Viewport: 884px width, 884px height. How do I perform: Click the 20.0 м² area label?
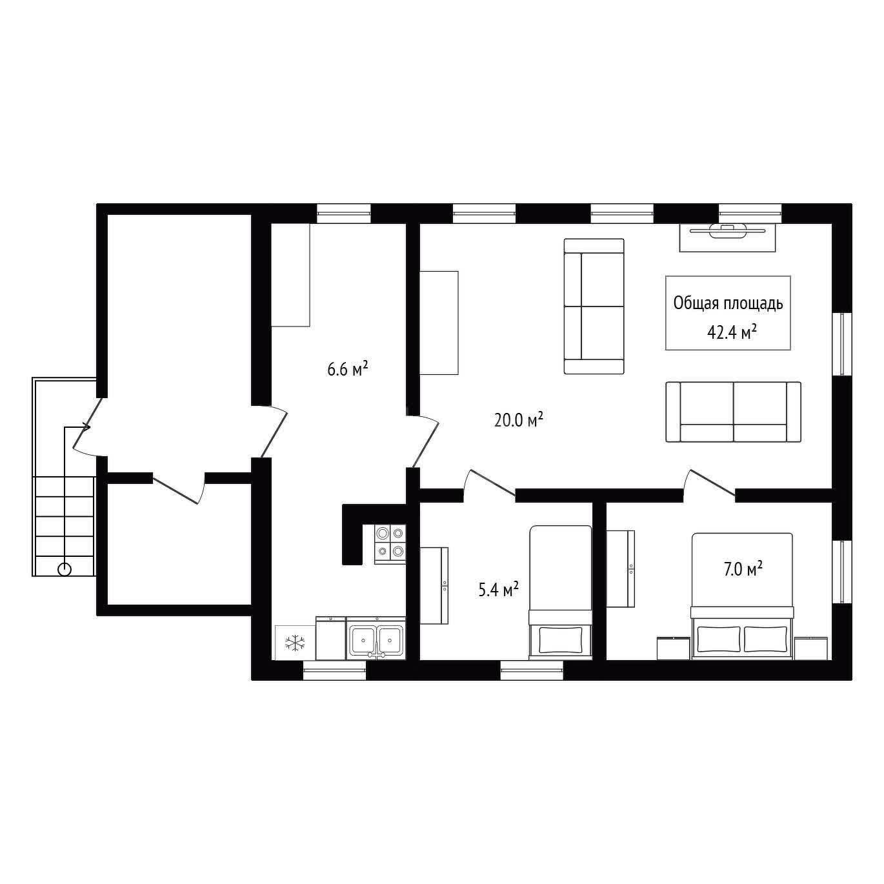[518, 419]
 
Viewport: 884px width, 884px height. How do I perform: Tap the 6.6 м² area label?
[348, 368]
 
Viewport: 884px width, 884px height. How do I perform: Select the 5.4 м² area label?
[499, 590]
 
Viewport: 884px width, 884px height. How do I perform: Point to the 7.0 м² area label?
[743, 569]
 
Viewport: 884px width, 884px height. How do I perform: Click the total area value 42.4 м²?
[732, 332]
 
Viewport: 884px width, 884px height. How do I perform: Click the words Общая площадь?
[728, 304]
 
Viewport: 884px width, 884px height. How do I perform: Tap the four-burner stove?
[390, 544]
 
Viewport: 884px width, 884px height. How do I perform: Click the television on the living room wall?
[727, 231]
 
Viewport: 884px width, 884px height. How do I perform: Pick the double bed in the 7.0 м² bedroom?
[742, 596]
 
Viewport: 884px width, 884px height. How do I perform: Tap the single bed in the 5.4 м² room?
[560, 592]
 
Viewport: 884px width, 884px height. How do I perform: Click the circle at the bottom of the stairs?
[65, 569]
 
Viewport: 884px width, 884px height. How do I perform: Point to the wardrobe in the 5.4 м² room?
[434, 585]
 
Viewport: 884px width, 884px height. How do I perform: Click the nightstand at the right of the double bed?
[810, 648]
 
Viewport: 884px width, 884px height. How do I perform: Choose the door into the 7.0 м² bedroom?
[709, 483]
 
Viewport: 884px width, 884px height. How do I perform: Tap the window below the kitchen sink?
[335, 670]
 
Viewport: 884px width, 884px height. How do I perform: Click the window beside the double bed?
[842, 572]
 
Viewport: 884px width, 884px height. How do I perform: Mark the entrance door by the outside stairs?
[88, 427]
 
